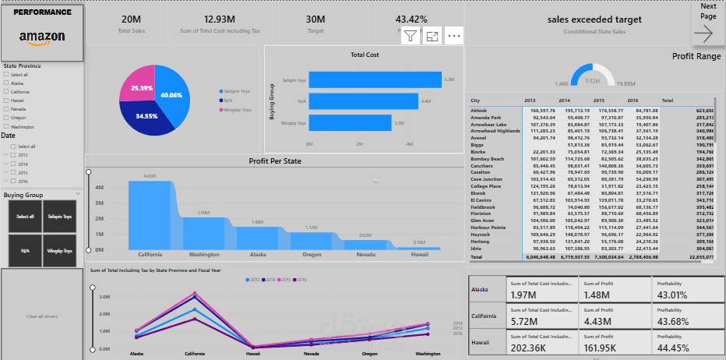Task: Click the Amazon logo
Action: pyautogui.click(x=42, y=37)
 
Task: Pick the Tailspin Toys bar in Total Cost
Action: pyautogui.click(x=374, y=79)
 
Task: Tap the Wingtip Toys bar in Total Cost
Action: pyautogui.click(x=350, y=122)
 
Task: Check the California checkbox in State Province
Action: pyautogui.click(x=6, y=91)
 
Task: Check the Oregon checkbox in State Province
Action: pyautogui.click(x=6, y=118)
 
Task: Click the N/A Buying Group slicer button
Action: pyautogui.click(x=25, y=251)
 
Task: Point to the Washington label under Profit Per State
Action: pyautogui.click(x=203, y=254)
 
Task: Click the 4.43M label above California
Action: pyautogui.click(x=150, y=176)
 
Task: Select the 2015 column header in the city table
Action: pyautogui.click(x=599, y=101)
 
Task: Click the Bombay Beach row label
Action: pyautogui.click(x=488, y=159)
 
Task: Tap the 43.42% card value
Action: pyautogui.click(x=411, y=19)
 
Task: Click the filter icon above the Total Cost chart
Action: pyautogui.click(x=411, y=36)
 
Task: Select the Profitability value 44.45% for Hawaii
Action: pyautogui.click(x=674, y=347)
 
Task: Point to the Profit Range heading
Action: pyautogui.click(x=696, y=56)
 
